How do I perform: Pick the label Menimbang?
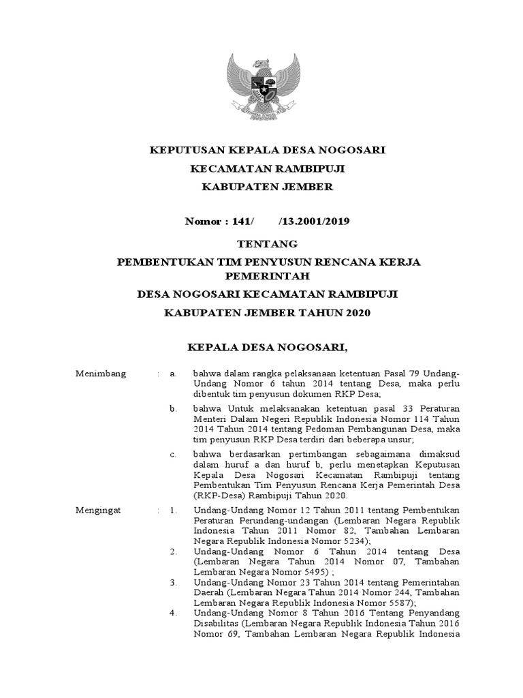[97, 374]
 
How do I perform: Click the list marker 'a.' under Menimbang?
[174, 374]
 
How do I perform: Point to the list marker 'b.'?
[174, 408]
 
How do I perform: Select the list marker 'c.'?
[174, 453]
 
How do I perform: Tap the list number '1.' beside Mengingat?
[174, 509]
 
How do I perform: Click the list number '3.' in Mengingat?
[174, 582]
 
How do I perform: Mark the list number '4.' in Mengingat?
[174, 613]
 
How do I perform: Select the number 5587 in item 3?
[393, 603]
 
